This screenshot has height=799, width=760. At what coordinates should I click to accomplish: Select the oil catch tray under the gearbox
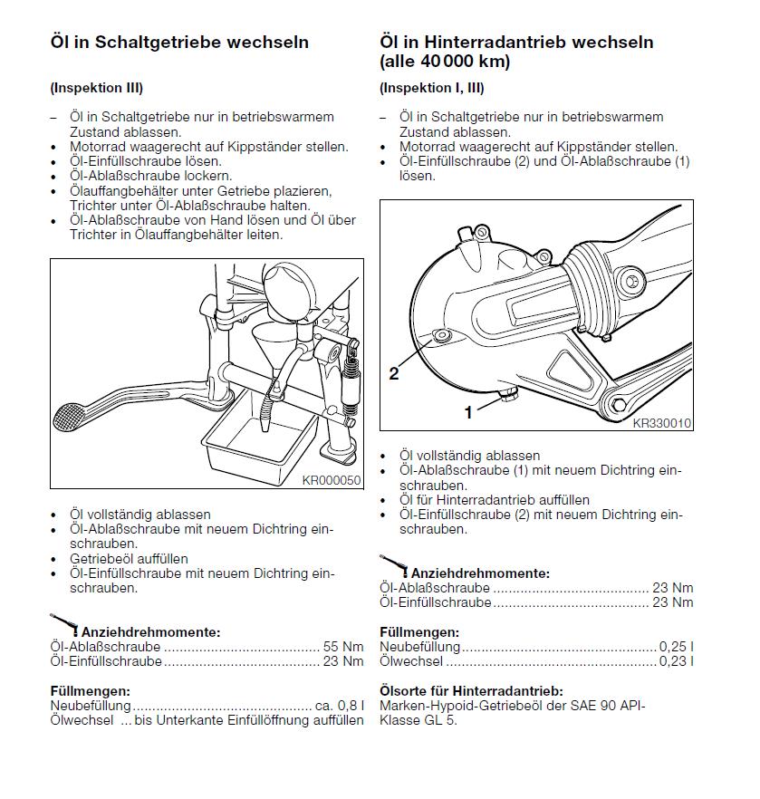point(260,438)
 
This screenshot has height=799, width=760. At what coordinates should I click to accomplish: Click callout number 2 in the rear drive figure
point(394,373)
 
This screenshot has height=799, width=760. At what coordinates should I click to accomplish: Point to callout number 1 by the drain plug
point(468,412)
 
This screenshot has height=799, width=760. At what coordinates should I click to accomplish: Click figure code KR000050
point(332,480)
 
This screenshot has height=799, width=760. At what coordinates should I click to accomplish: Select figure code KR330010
point(661,423)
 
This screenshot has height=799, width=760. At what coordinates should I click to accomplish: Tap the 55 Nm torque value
point(343,647)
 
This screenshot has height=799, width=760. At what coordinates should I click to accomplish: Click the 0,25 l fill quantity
point(676,647)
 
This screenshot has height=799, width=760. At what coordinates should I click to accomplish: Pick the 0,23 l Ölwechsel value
point(676,661)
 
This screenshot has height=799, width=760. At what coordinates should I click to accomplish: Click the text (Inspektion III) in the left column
point(97,88)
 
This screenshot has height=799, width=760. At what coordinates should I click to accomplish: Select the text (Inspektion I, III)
point(432,88)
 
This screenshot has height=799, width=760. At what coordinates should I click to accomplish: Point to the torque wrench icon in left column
point(64,625)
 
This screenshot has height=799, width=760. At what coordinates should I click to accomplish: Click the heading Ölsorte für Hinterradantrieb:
point(471,691)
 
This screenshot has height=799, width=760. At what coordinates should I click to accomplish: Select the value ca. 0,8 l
point(340,706)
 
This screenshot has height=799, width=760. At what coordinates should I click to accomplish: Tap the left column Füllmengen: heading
point(91,691)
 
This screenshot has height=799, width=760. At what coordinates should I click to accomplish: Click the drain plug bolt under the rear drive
point(508,393)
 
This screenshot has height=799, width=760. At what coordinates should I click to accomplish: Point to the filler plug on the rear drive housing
point(440,335)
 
